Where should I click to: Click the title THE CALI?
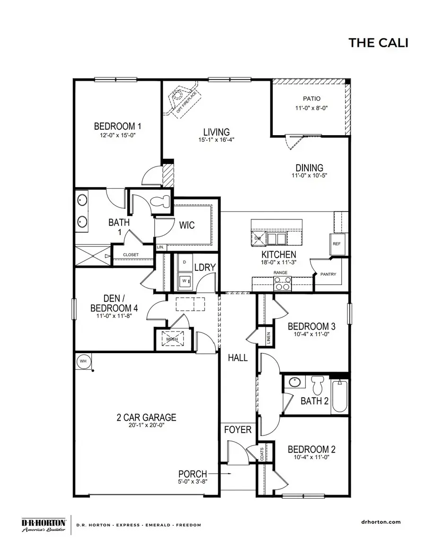coord(378,43)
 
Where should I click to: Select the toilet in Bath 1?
coord(159,201)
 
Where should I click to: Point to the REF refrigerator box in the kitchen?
coord(336,244)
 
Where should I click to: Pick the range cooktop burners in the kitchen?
coord(283,283)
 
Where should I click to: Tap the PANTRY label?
coord(328,274)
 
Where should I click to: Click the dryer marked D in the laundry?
coord(184,261)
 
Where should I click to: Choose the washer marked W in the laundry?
coord(184,280)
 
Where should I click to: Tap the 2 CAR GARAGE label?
coord(146,418)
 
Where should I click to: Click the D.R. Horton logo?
coord(44,525)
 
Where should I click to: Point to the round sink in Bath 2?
coord(295,383)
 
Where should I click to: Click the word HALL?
coord(238,358)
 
